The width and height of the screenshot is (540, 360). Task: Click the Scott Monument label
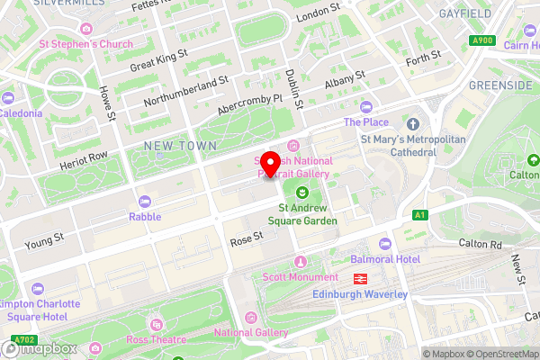pyautogui.click(x=301, y=277)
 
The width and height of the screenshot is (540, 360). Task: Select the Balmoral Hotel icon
pyautogui.click(x=385, y=244)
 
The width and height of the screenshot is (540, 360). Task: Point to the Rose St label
pyautogui.click(x=245, y=238)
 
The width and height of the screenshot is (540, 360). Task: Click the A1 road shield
pyautogui.click(x=419, y=215)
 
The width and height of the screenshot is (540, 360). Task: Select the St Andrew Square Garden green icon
pyautogui.click(x=302, y=192)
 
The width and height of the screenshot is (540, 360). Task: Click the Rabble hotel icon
pyautogui.click(x=144, y=201)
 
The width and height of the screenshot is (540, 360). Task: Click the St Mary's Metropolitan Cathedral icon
pyautogui.click(x=413, y=123)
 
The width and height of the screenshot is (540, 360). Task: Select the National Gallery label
pyautogui.click(x=250, y=333)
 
